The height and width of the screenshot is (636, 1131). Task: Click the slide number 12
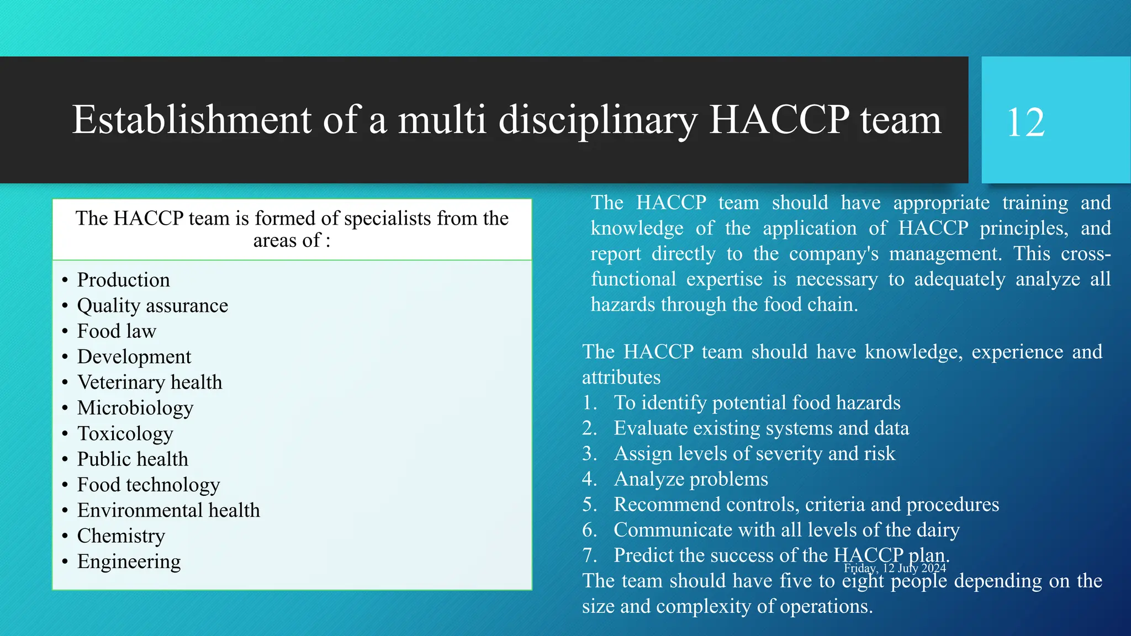pyautogui.click(x=1026, y=123)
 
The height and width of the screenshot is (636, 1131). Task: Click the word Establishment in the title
pyautogui.click(x=192, y=120)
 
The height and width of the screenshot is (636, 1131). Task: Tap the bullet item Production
pyautogui.click(x=123, y=280)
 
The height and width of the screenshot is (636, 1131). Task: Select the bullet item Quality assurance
pyautogui.click(x=152, y=306)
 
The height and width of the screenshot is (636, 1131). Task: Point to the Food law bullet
pyautogui.click(x=117, y=331)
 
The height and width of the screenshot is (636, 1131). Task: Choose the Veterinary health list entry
pyautogui.click(x=150, y=383)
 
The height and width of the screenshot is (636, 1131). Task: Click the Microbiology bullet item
pyautogui.click(x=135, y=408)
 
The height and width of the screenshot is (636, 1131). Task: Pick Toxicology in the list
pyautogui.click(x=125, y=434)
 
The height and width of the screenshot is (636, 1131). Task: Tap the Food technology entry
pyautogui.click(x=149, y=485)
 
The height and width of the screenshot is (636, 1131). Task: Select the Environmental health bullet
pyautogui.click(x=168, y=511)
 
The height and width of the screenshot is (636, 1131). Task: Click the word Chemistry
pyautogui.click(x=121, y=536)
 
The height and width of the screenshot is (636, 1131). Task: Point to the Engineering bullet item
pyautogui.click(x=129, y=561)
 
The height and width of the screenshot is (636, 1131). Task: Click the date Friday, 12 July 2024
pyautogui.click(x=895, y=568)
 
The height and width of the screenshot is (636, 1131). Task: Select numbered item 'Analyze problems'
pyautogui.click(x=691, y=479)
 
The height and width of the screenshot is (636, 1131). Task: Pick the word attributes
pyautogui.click(x=621, y=378)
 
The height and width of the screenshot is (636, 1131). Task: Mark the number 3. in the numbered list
pyautogui.click(x=590, y=454)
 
